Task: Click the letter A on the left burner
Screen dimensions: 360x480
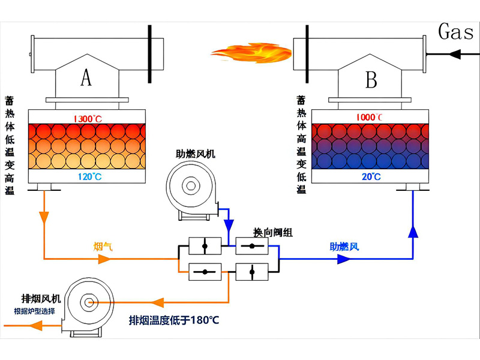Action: [86, 77]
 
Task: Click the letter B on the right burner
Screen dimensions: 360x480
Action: [371, 79]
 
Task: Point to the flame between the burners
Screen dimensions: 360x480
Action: [251, 53]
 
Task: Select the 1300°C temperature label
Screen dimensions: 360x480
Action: [88, 118]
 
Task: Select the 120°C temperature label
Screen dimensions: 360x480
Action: [88, 176]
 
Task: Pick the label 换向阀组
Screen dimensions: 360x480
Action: [273, 232]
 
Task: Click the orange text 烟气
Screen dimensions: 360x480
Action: [103, 246]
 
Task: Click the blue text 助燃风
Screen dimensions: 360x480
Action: [344, 246]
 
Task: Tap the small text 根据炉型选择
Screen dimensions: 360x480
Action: [35, 311]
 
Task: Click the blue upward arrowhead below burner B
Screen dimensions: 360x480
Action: [413, 232]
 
